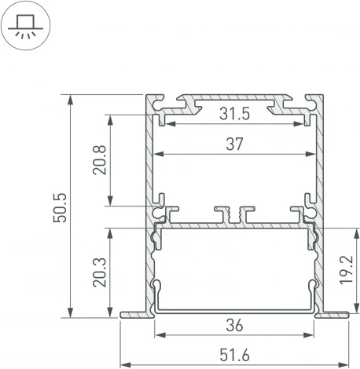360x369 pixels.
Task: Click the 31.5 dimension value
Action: point(234,115)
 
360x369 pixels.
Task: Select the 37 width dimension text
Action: point(234,144)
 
